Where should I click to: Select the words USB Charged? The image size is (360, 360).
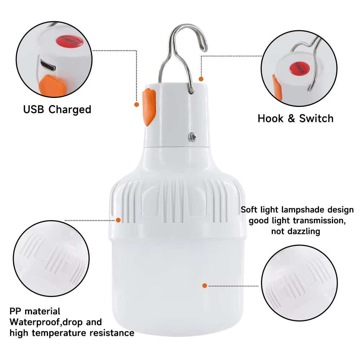(x=57, y=109)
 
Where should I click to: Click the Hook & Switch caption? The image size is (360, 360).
(x=295, y=118)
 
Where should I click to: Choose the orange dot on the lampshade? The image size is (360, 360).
(x=204, y=285)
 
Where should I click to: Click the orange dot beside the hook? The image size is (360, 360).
(x=201, y=79)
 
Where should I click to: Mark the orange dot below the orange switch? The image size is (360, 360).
(x=136, y=104)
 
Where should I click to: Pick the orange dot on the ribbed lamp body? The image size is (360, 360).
(x=118, y=220)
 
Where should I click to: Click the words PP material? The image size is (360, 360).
(x=35, y=311)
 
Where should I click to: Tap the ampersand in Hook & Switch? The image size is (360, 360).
(x=291, y=119)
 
